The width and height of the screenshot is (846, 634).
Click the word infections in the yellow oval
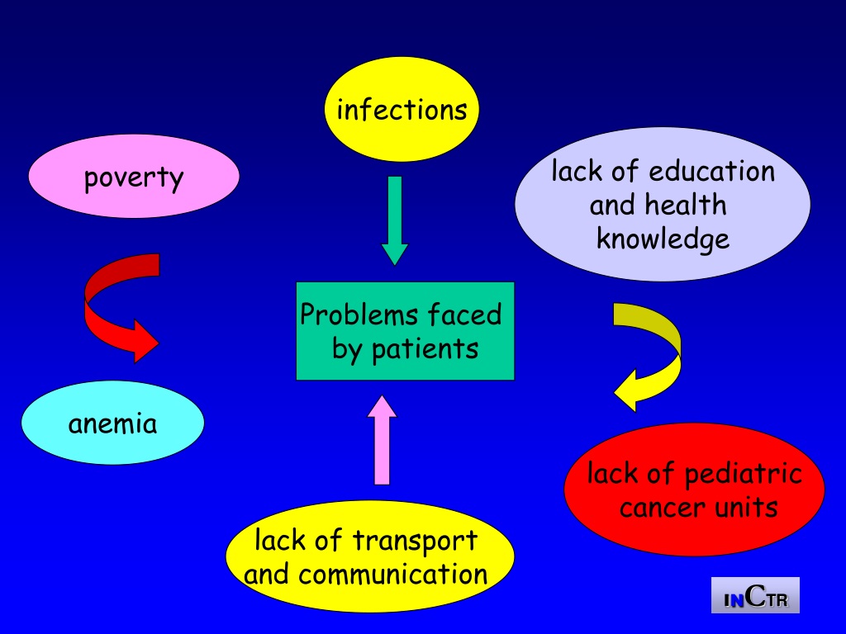[402, 110]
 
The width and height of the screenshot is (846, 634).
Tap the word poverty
[134, 177]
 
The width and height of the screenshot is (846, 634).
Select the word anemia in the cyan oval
[112, 423]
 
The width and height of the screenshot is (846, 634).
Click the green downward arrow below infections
[395, 220]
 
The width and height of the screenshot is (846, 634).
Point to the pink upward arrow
[382, 440]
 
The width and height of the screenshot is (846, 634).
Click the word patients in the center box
[425, 349]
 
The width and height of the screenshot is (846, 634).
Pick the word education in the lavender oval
[711, 172]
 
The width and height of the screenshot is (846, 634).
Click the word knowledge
[663, 239]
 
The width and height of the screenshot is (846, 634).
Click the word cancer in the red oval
[660, 509]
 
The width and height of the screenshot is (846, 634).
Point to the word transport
[415, 541]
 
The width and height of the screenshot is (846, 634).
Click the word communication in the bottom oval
[392, 575]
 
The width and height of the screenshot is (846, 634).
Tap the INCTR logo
[755, 595]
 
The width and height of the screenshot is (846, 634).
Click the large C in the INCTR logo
[757, 595]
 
